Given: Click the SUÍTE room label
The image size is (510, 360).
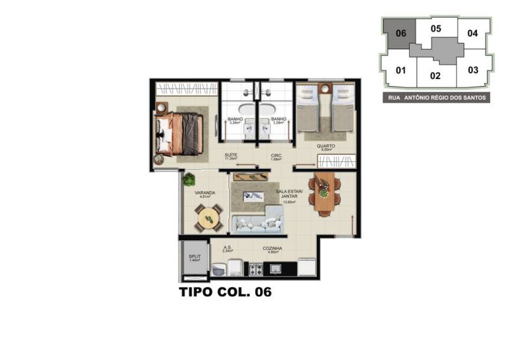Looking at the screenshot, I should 231,155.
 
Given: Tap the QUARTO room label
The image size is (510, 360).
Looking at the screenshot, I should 326,146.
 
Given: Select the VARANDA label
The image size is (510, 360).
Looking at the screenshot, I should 205,192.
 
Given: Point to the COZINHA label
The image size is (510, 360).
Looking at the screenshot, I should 272,248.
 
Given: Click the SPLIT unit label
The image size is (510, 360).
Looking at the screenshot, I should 194,256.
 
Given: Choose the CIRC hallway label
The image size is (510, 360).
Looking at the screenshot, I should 276,155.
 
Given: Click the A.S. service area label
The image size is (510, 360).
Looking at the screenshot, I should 228,248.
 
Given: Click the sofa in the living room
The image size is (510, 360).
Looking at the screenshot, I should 257,224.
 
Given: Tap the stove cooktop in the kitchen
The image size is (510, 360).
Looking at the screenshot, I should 256,270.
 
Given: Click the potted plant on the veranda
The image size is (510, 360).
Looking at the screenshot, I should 189,180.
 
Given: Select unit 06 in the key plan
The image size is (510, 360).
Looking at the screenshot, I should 400,34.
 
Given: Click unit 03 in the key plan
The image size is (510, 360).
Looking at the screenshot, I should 472,70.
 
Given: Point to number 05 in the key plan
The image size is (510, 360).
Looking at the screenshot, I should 435,28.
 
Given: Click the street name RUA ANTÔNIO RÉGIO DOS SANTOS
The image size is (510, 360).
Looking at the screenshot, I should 437,98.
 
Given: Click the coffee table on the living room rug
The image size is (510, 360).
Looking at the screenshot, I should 256,196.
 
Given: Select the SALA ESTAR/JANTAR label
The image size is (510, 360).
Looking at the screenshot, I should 288,194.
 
